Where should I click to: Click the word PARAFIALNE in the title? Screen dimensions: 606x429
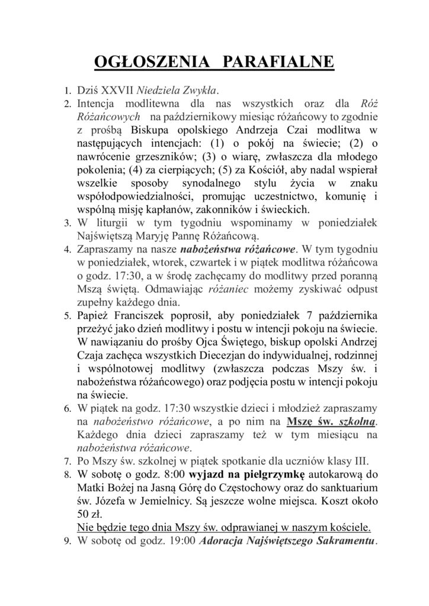pyautogui.click(x=283, y=63)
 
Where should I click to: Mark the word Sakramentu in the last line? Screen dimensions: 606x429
pyautogui.click(x=340, y=542)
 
